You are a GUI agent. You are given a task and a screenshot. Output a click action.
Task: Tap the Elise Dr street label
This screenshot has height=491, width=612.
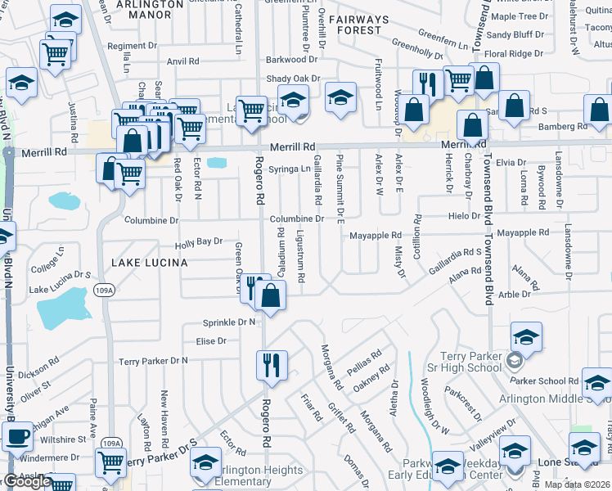coord(210,341)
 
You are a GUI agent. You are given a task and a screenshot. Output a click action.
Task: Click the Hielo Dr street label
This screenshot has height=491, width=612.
coord(463,216)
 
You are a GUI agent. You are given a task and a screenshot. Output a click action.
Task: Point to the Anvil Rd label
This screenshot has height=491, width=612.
coord(182,61)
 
